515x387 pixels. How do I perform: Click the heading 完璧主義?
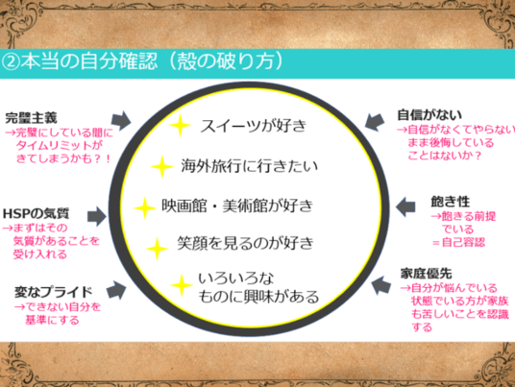(x=31, y=118)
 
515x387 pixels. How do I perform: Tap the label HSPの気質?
(x=36, y=214)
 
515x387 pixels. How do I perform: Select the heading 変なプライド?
(x=53, y=292)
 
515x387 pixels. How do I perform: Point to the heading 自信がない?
(x=429, y=115)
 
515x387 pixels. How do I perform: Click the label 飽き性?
(x=450, y=202)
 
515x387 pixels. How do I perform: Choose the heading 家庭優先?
(x=426, y=273)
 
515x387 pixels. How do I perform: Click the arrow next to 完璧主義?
(x=120, y=120)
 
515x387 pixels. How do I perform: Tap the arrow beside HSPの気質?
(x=97, y=216)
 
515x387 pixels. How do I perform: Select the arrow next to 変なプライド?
(x=116, y=289)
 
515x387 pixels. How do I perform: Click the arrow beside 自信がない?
(x=375, y=122)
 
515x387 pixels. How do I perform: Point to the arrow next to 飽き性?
(x=405, y=206)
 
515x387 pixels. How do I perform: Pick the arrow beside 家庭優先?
(x=381, y=285)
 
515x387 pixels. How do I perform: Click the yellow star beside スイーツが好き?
(x=180, y=125)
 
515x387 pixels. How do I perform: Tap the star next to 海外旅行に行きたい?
(x=162, y=166)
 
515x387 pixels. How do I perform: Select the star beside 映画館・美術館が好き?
(x=145, y=207)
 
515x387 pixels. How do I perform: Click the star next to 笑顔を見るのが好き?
(x=157, y=249)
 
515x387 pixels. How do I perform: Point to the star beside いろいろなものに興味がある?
(x=182, y=285)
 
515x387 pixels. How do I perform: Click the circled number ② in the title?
(x=11, y=62)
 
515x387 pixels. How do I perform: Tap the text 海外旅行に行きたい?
(x=249, y=166)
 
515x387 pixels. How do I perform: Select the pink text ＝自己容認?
(x=458, y=243)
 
